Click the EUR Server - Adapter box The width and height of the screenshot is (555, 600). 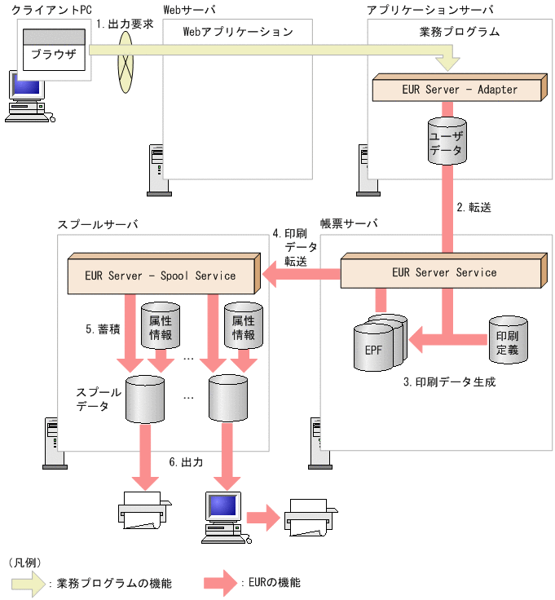coord(459,89)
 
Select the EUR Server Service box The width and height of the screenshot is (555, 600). coord(443,272)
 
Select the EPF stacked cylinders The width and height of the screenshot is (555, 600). coord(379,346)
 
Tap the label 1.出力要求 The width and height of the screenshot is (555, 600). coord(123,24)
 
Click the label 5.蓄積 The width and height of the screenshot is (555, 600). coord(102,330)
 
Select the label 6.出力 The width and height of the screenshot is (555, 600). coord(186,461)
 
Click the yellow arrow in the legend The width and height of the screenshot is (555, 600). coord(26,582)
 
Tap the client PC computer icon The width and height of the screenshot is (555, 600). coord(27,98)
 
